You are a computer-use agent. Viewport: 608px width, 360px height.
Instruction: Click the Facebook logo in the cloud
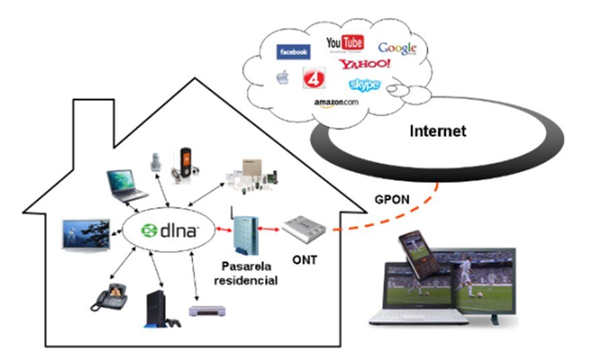tap(293, 52)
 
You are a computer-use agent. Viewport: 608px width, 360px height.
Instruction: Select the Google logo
tap(397, 48)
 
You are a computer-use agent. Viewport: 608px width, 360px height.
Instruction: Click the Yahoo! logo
tap(365, 65)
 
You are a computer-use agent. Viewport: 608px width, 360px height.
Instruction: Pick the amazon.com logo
tap(336, 102)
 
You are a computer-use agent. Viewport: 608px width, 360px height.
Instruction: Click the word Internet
tap(438, 131)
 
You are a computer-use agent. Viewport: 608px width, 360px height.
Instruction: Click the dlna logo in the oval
tap(170, 231)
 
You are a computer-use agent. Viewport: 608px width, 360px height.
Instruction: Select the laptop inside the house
tap(126, 186)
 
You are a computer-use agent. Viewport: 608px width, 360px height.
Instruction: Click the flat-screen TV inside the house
tap(85, 235)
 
